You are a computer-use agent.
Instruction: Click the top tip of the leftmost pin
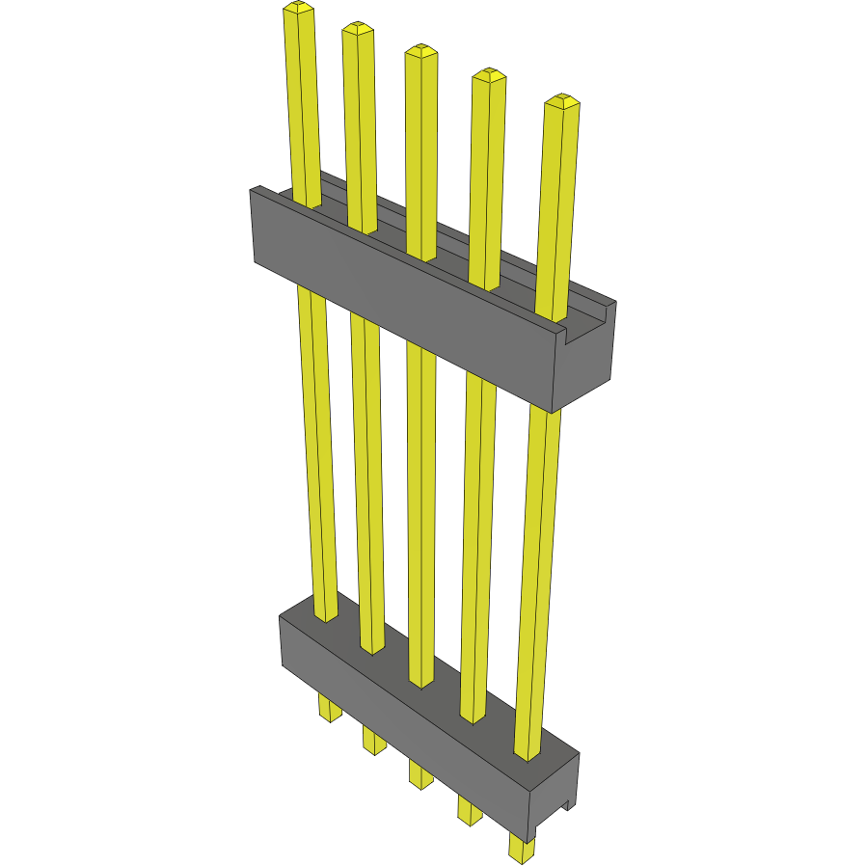pos(298,10)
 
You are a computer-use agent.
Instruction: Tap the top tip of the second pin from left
pos(357,29)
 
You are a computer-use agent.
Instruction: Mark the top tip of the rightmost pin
pos(561,101)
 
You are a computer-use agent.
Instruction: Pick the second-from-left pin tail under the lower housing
pos(373,741)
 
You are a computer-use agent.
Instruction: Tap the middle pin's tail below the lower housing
pos(419,773)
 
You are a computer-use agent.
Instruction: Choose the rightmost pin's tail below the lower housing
pos(521,849)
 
